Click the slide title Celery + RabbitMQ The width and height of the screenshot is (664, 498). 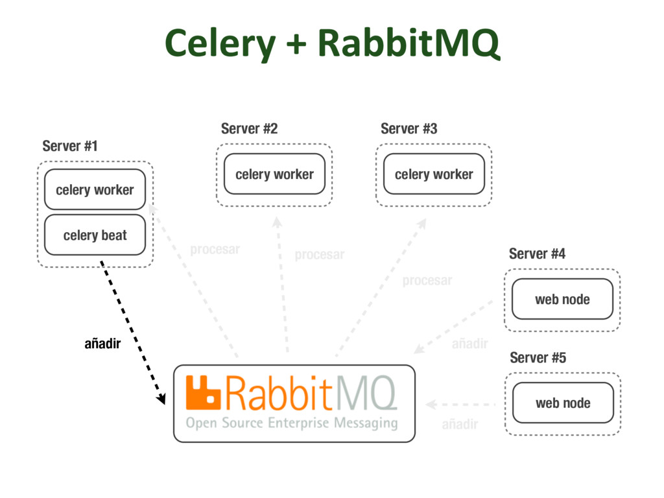[x=332, y=43]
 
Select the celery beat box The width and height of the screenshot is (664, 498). [x=95, y=235]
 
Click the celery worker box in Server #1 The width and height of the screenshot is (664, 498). [x=95, y=189]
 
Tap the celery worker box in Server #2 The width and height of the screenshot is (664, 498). [x=274, y=174]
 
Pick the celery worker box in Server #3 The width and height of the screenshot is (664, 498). [x=434, y=174]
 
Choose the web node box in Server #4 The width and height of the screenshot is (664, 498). [x=562, y=299]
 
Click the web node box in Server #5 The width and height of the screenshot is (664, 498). [x=563, y=403]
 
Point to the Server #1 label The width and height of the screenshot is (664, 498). [x=70, y=146]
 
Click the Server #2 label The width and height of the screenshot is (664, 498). [x=249, y=128]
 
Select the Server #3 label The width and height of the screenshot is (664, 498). [x=409, y=128]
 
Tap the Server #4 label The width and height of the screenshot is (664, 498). [x=537, y=254]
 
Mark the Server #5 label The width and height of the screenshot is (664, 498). [x=538, y=357]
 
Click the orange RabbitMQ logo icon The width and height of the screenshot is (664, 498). [x=204, y=392]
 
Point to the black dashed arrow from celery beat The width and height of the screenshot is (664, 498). [x=132, y=331]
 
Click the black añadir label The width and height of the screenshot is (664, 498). [x=102, y=344]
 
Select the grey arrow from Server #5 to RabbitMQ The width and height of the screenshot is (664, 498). [x=460, y=405]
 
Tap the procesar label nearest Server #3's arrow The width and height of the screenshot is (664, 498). [x=427, y=280]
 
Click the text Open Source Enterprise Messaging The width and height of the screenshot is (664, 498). [x=292, y=423]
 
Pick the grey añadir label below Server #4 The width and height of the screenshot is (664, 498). [x=469, y=344]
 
